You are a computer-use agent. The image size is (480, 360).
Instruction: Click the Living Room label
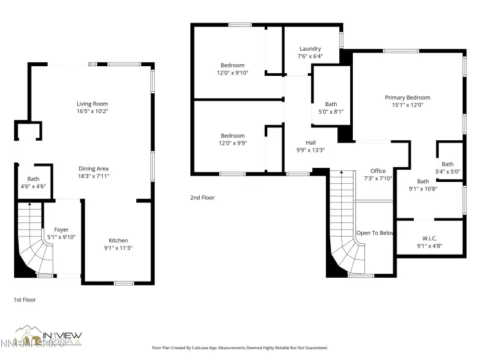(92, 104)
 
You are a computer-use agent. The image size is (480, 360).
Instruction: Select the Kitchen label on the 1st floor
(118, 240)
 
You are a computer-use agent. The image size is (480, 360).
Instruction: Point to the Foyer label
(61, 230)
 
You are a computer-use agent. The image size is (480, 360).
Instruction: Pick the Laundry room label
(310, 49)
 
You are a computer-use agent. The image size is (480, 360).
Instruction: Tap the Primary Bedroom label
(407, 98)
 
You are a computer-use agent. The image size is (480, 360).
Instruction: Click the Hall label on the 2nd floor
(310, 143)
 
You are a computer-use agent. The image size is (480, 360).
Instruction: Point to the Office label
(378, 171)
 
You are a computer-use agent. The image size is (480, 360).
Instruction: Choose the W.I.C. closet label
(429, 237)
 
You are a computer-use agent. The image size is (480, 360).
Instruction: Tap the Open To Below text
(375, 233)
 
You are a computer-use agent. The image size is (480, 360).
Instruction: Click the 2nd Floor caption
(202, 197)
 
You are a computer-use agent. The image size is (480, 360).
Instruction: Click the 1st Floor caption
(25, 300)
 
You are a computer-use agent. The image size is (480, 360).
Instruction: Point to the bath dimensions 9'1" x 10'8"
(423, 189)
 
